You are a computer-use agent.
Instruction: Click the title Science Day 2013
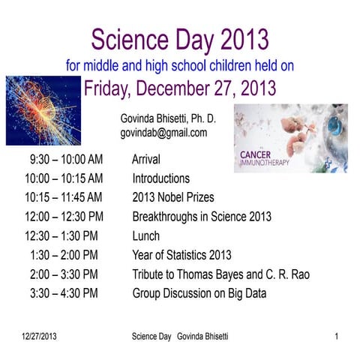click(179, 38)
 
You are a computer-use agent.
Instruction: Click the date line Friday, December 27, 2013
click(179, 88)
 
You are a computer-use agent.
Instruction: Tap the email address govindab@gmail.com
click(163, 133)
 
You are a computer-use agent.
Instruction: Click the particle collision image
click(43, 110)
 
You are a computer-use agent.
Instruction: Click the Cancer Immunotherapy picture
click(290, 138)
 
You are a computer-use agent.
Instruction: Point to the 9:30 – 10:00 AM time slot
click(66, 160)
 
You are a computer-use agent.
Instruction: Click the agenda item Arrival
click(145, 160)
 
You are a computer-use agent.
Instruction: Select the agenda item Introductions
click(160, 179)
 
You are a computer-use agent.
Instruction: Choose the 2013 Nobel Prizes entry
click(172, 198)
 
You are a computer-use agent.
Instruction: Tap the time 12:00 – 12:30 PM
click(64, 217)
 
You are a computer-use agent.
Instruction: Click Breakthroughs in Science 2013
click(201, 217)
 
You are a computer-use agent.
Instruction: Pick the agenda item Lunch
click(145, 236)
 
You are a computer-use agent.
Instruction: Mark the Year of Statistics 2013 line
click(181, 256)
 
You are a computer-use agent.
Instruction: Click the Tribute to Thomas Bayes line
click(220, 274)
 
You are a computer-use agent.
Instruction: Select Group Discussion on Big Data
click(199, 294)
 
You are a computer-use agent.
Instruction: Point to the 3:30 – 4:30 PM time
click(64, 294)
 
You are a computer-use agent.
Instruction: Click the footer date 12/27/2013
click(39, 337)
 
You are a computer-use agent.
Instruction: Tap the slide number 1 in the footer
click(337, 337)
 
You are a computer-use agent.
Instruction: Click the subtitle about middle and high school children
click(179, 65)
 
